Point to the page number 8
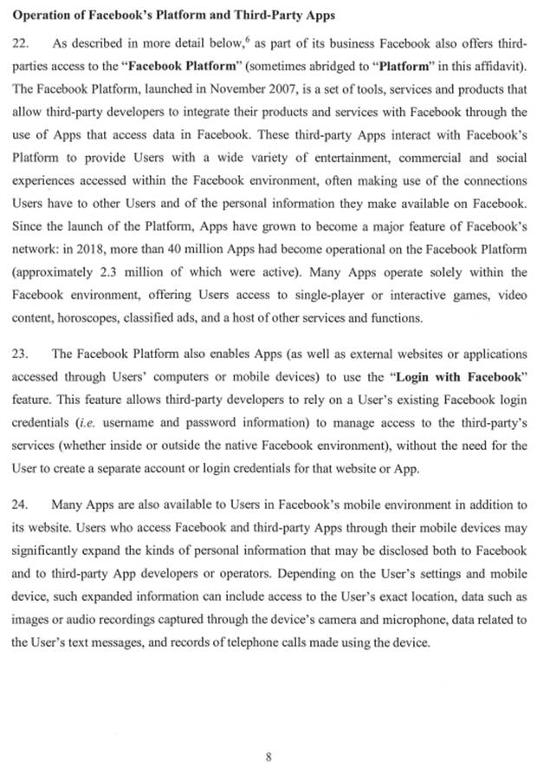tap(268, 756)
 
